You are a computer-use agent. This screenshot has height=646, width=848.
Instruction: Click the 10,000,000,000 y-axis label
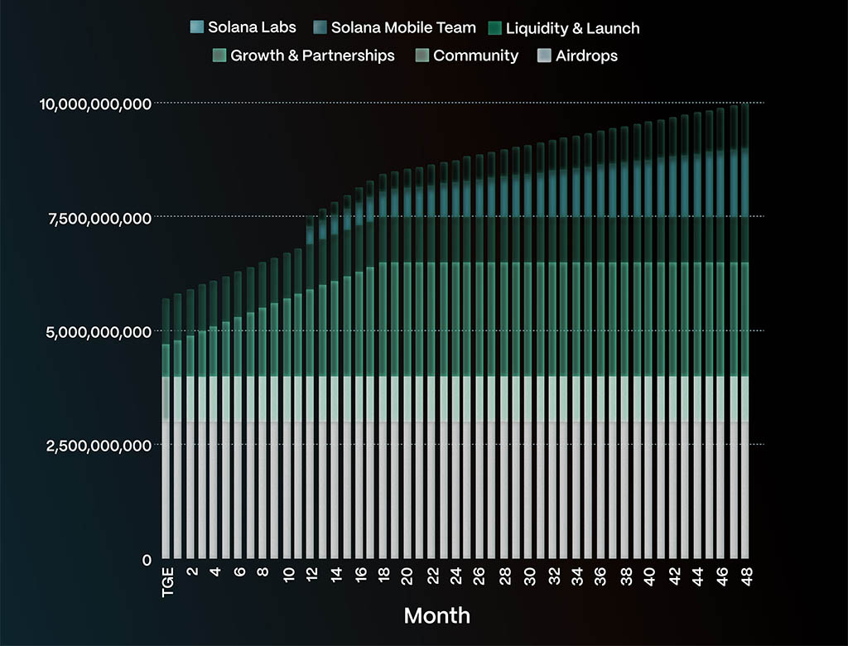[x=95, y=104]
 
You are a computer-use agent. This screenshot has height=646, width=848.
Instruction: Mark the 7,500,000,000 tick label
[x=100, y=217]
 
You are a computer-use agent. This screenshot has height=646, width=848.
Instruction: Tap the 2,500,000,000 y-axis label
[x=99, y=446]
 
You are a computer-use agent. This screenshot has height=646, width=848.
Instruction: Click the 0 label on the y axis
[x=147, y=560]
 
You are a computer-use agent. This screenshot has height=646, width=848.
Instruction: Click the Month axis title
[x=436, y=615]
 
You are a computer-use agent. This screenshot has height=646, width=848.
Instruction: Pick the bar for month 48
[x=745, y=331]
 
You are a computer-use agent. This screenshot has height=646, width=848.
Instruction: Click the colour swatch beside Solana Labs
[x=197, y=27]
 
